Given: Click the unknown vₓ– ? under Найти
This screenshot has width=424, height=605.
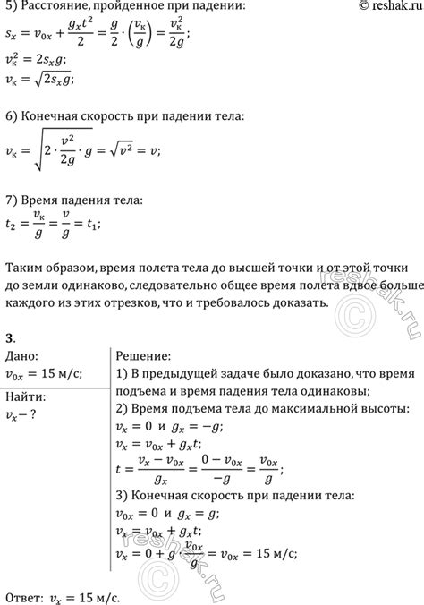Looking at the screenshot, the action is [23, 412].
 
